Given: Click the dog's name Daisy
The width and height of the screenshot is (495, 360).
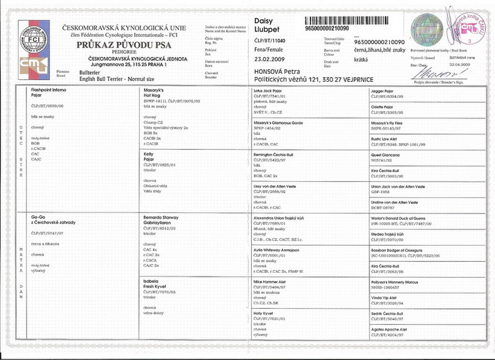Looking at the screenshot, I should point(263,21).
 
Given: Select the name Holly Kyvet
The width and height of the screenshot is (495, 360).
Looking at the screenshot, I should point(264,313).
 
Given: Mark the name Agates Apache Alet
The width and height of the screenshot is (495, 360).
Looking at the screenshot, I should point(389,329).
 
